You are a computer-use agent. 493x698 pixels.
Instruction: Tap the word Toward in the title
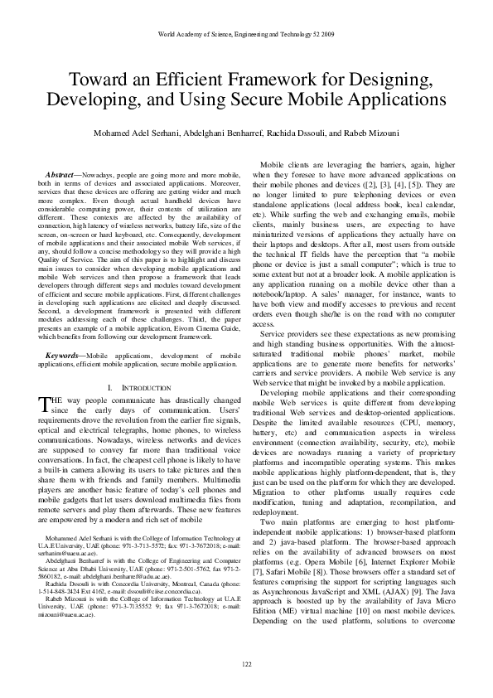point(98,80)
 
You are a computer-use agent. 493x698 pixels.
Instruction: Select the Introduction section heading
point(133,388)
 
